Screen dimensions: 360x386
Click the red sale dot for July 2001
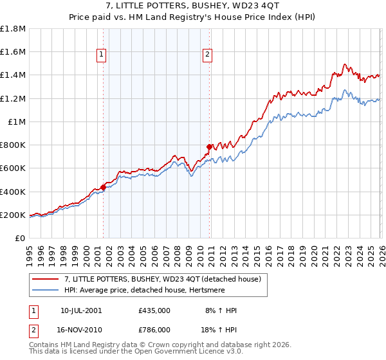[103, 187]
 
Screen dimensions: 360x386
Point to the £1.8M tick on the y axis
[14, 29]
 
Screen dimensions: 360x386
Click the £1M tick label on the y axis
[17, 122]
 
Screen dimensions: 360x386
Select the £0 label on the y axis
[21, 238]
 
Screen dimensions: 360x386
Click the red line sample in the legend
[46, 279]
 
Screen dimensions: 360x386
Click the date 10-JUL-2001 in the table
[80, 310]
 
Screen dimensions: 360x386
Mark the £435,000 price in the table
[154, 310]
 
